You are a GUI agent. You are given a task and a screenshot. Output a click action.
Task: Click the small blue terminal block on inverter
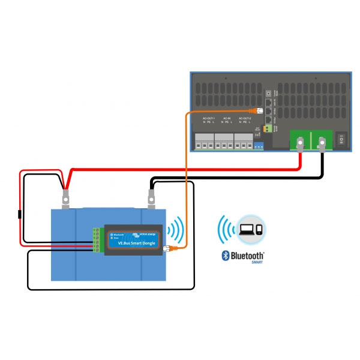[x=259, y=145]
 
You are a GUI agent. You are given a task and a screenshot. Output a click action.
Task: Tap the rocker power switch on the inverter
[x=341, y=140]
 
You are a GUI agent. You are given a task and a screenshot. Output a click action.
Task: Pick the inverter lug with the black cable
[x=322, y=144]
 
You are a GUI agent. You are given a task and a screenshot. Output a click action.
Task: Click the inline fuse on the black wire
[x=20, y=214]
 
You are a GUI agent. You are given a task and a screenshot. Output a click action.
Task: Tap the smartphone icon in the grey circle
[x=258, y=230]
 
